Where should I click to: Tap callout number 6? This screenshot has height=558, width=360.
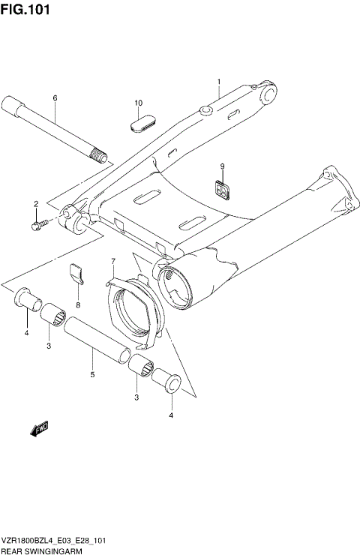(55, 98)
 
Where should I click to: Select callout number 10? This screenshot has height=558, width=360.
(138, 103)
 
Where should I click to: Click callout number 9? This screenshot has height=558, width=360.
(222, 166)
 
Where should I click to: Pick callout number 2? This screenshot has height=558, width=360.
(34, 204)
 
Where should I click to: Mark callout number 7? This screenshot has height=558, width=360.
(113, 262)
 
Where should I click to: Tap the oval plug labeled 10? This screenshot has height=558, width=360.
(143, 121)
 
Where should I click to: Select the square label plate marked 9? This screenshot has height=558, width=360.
(221, 191)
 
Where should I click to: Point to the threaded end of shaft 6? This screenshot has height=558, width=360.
(98, 157)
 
